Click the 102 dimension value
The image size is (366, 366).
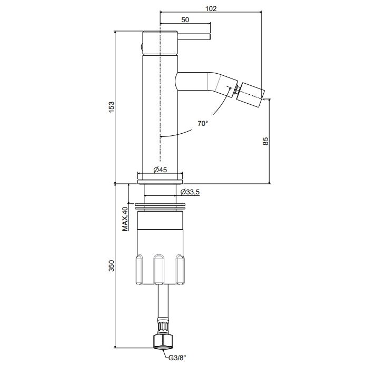click(211, 8)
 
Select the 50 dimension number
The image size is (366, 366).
click(185, 20)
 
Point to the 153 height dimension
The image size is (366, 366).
click(112, 107)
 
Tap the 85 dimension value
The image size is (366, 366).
click(265, 141)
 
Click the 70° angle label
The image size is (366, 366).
click(203, 123)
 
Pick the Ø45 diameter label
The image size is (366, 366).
click(161, 170)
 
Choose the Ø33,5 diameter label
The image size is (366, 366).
click(190, 192)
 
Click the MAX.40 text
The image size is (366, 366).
click(125, 219)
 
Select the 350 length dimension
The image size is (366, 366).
click(112, 265)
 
